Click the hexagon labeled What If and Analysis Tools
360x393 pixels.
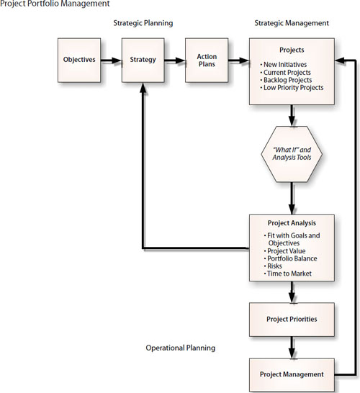point(292,153)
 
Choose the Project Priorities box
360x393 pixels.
point(292,319)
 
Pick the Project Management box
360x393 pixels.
point(292,374)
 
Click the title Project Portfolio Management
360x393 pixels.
point(55,4)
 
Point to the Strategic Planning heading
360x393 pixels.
point(143,23)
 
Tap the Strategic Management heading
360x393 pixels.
point(292,23)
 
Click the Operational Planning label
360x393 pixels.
point(181,348)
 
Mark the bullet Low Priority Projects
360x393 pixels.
point(293,88)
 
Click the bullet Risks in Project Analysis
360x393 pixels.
point(276,266)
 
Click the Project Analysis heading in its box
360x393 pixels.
point(292,222)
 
